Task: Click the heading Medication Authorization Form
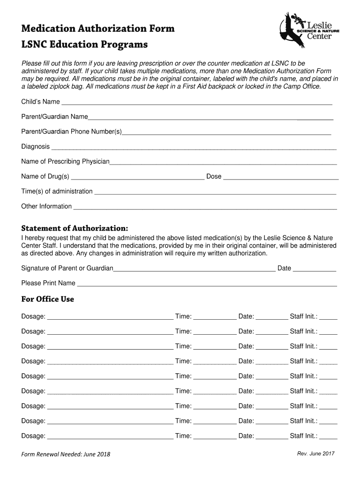(x=98, y=29)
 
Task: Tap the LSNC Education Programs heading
(x=84, y=45)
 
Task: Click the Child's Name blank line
(x=197, y=103)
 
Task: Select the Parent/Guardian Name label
(x=54, y=117)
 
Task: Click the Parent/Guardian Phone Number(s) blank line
(x=226, y=133)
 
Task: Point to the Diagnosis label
(x=35, y=147)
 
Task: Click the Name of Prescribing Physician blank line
(x=223, y=163)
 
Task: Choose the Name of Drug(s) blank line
(x=137, y=178)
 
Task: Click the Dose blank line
(x=281, y=178)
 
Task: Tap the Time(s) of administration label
(x=57, y=191)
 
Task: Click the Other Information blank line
(x=205, y=208)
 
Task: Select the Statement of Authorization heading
(x=75, y=228)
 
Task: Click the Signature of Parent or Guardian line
(x=195, y=270)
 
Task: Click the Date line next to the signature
(x=315, y=270)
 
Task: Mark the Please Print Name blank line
(x=207, y=285)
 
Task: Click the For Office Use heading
(x=47, y=299)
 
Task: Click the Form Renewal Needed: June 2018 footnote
(x=66, y=454)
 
